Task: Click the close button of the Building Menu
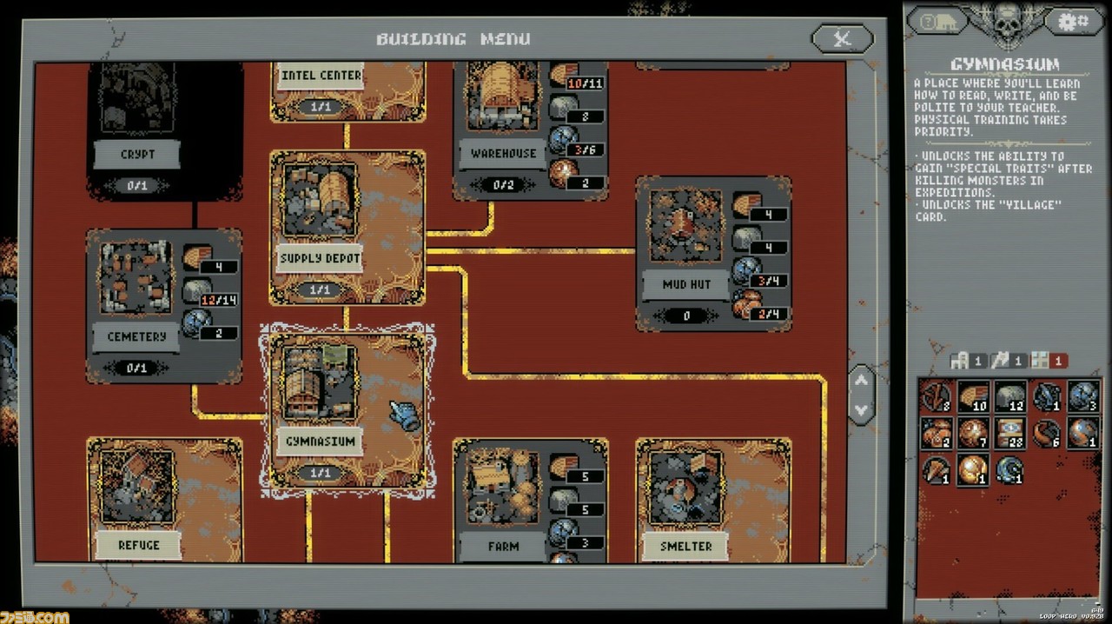(841, 38)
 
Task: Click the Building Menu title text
(453, 39)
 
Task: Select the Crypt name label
(137, 155)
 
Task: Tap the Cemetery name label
(137, 336)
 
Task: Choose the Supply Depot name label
(320, 258)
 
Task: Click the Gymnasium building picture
(320, 382)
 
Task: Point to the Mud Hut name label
(686, 284)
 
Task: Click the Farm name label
(503, 547)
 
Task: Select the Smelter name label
(686, 547)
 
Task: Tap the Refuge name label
(138, 546)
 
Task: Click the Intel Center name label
(321, 76)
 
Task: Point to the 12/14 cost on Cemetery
(219, 301)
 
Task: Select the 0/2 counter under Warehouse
(503, 185)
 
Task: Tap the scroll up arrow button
(861, 379)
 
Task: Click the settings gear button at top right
(1073, 21)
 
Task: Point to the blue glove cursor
(404, 415)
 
